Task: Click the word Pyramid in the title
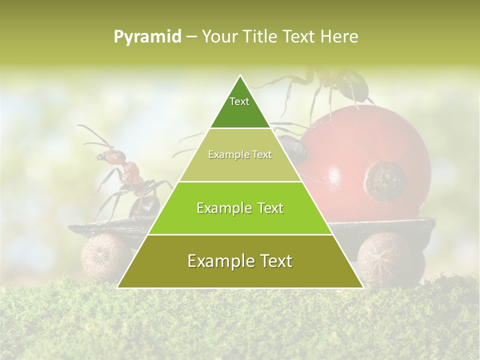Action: [147, 37]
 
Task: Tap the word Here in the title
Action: [340, 37]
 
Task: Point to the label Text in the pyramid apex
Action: [239, 101]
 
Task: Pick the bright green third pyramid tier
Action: [240, 208]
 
